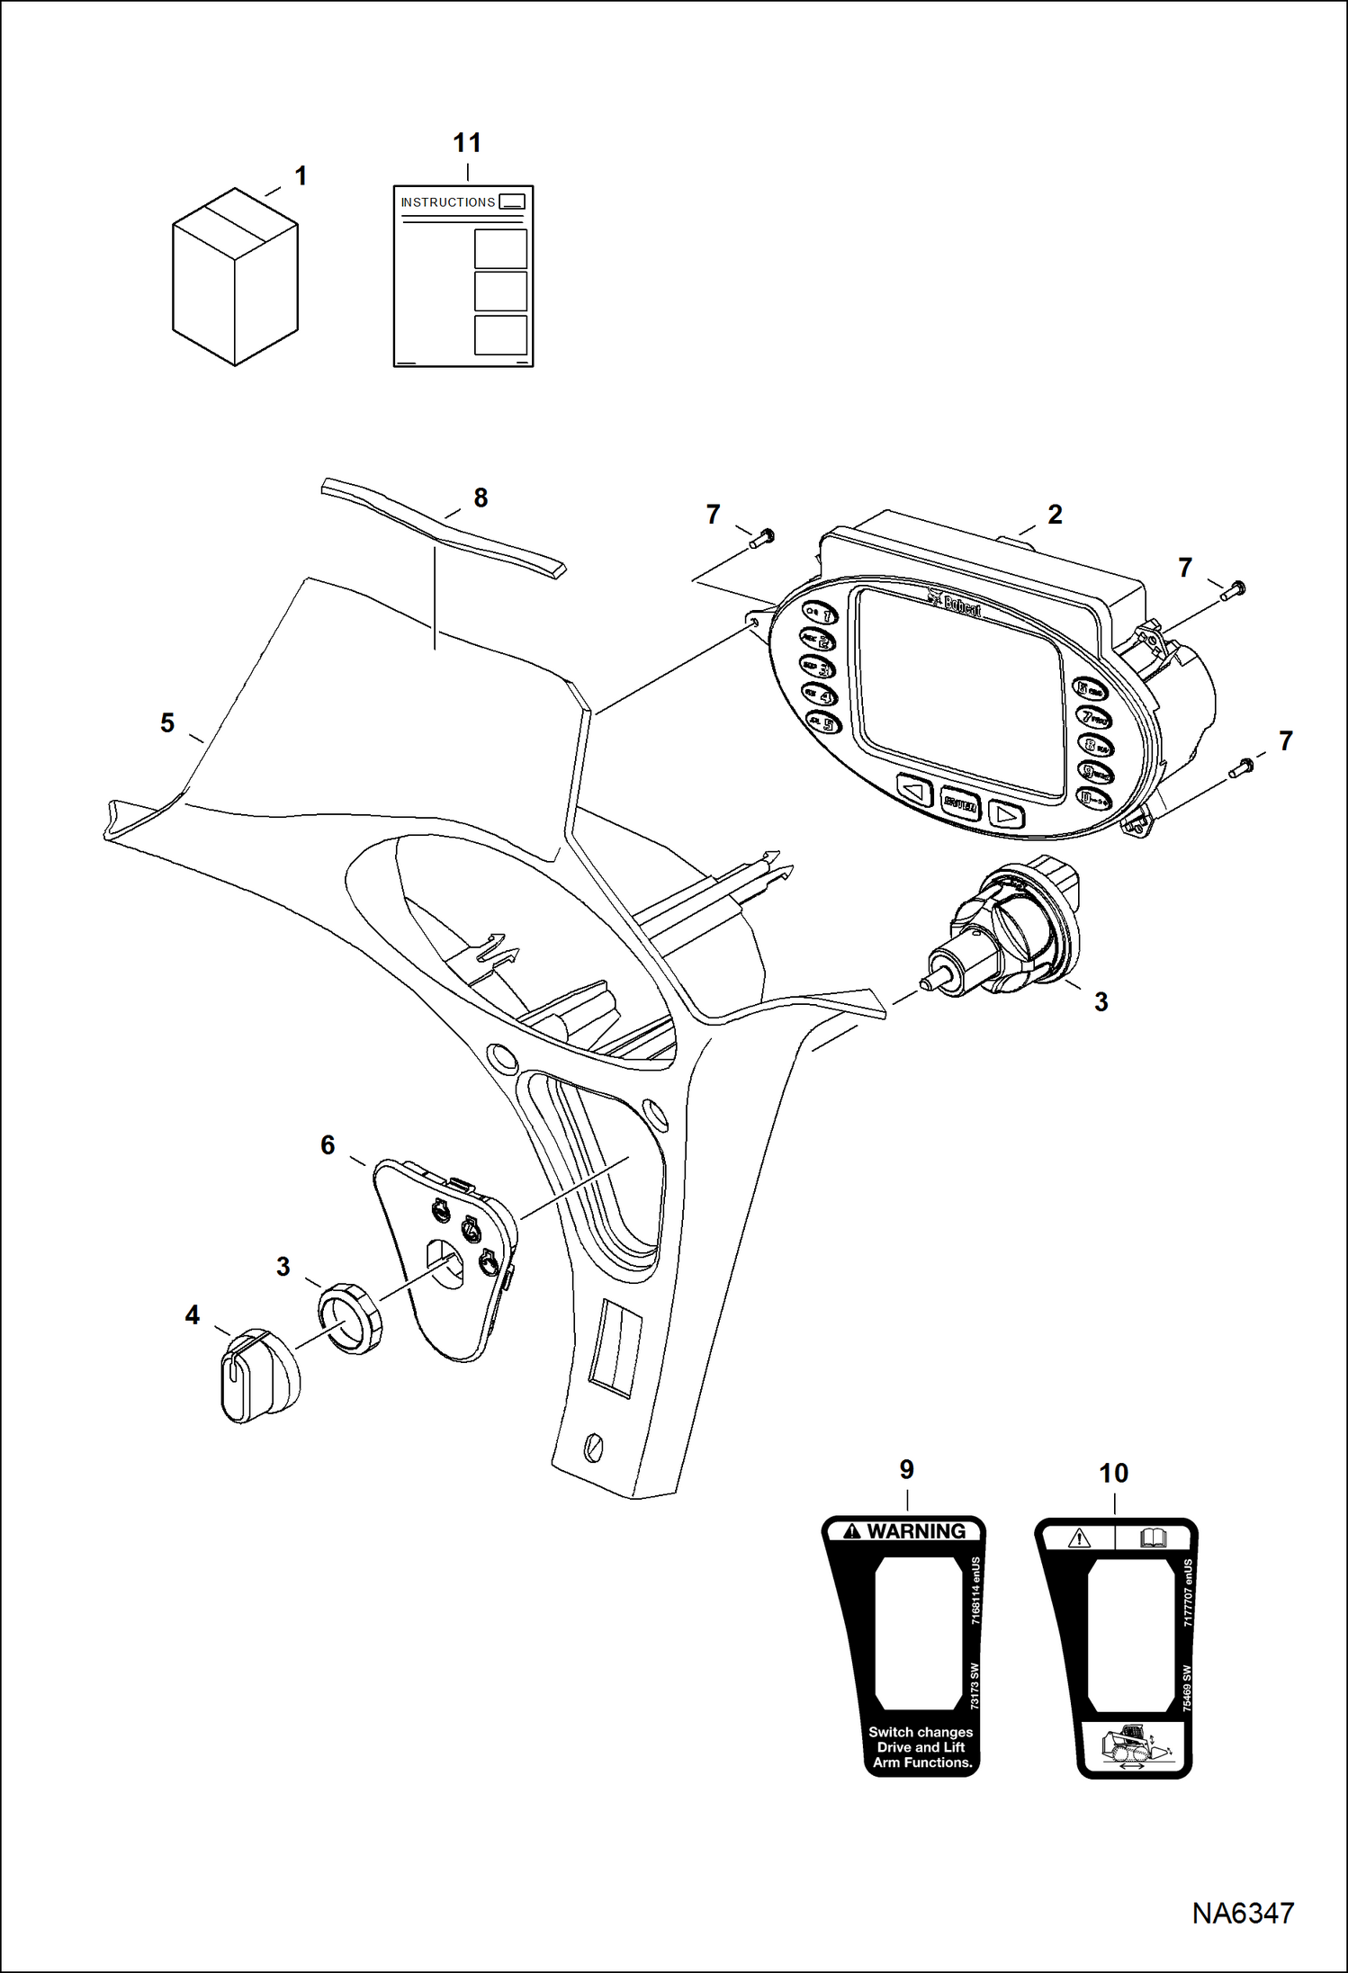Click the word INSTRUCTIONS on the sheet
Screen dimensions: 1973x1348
(447, 202)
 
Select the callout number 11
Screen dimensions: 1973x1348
(467, 143)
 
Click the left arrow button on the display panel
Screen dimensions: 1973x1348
(914, 792)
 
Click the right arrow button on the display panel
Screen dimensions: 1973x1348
(1006, 815)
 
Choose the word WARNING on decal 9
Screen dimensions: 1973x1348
(915, 1531)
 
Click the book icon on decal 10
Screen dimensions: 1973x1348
(1153, 1538)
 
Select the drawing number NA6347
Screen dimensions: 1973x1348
(1243, 1913)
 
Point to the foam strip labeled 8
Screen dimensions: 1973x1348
(441, 528)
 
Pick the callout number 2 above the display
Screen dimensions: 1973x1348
(1055, 515)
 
